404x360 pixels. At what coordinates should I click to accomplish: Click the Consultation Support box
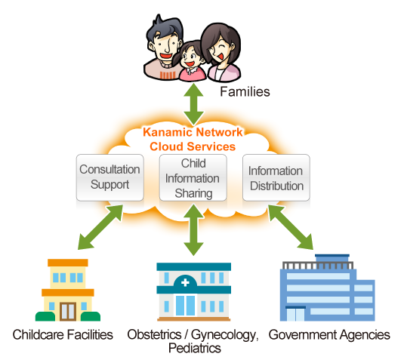(109, 177)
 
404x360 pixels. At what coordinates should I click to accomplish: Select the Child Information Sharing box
(193, 177)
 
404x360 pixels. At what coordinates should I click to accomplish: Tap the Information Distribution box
(276, 177)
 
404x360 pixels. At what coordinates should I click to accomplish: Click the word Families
(245, 91)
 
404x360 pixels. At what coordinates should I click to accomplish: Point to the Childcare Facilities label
(63, 335)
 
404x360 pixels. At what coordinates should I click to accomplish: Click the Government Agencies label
(329, 335)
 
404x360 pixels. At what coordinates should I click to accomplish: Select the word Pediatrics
(195, 348)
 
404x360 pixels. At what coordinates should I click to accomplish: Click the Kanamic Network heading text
(193, 132)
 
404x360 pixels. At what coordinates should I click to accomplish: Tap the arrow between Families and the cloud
(193, 104)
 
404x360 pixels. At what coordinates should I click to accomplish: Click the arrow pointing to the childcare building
(100, 227)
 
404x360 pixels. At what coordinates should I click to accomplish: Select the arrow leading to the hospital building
(193, 229)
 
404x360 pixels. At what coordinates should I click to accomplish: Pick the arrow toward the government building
(291, 227)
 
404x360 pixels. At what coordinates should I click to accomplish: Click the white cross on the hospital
(185, 283)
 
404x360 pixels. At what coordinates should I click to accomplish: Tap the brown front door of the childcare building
(68, 312)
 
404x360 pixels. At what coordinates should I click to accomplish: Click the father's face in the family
(164, 46)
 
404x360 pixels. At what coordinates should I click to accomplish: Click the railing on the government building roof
(318, 266)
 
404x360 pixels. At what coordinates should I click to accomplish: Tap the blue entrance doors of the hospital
(185, 306)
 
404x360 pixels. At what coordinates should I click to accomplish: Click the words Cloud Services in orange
(193, 146)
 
